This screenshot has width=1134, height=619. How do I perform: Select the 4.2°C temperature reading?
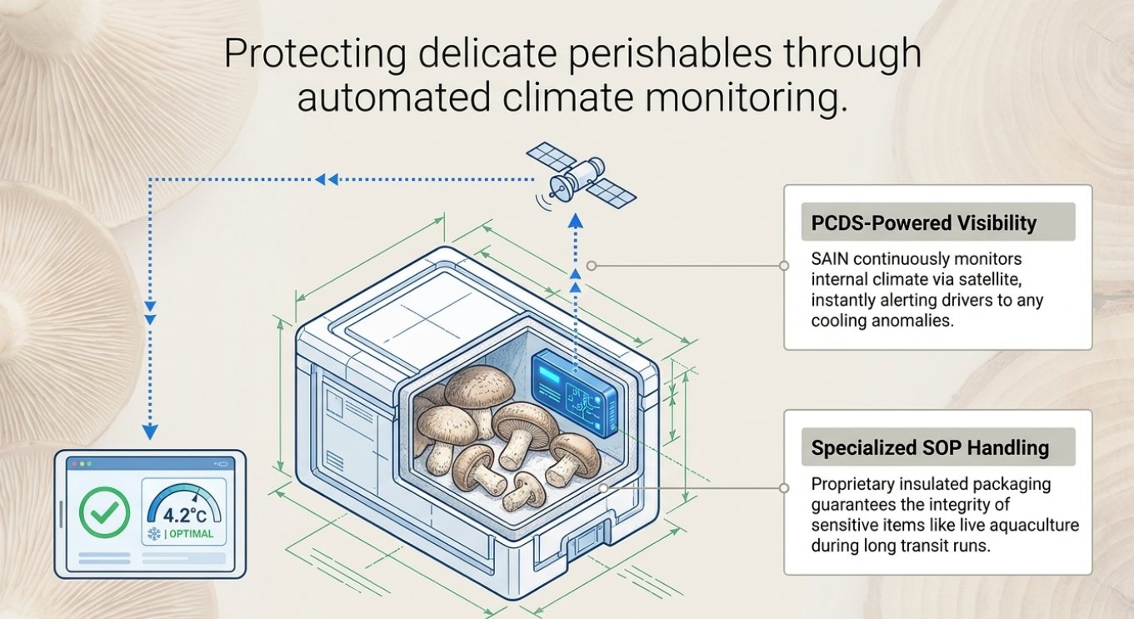(x=185, y=515)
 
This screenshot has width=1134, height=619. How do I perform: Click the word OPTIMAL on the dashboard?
(x=192, y=534)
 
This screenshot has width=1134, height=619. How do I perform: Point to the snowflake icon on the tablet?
(x=153, y=534)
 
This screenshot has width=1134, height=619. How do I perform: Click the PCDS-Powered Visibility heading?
(x=924, y=222)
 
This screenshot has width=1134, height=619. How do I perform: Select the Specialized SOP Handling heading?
(x=930, y=447)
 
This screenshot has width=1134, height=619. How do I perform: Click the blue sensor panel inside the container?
(x=575, y=393)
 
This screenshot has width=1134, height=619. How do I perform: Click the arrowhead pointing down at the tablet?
(x=150, y=432)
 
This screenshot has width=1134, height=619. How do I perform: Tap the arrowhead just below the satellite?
(x=576, y=222)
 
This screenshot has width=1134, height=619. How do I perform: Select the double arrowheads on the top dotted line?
(x=327, y=179)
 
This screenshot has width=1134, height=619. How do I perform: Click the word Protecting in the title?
(x=314, y=53)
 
